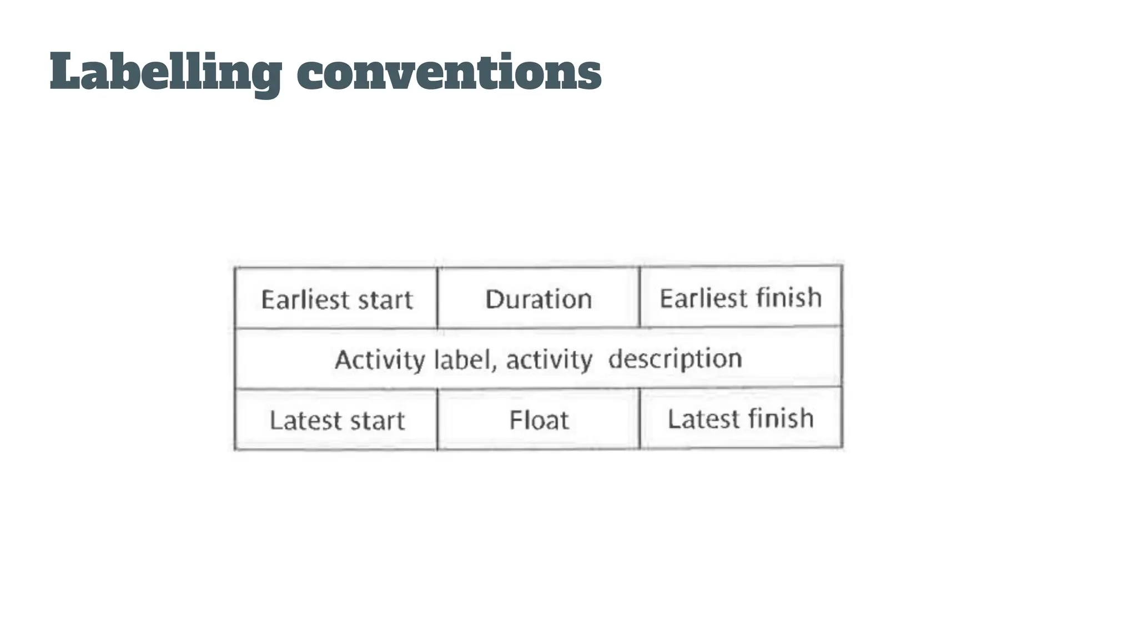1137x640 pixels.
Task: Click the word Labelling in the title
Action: pos(165,72)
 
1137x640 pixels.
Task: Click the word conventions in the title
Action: pos(449,72)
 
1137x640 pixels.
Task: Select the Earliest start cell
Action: pos(336,299)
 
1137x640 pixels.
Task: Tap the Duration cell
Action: pos(539,299)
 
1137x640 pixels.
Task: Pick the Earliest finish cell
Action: pos(741,298)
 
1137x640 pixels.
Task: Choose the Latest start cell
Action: pos(336,420)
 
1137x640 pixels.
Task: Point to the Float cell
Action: pos(539,420)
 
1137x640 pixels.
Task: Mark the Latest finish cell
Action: pos(741,418)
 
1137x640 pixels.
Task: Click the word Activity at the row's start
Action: pos(380,359)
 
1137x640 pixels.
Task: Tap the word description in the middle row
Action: pos(675,359)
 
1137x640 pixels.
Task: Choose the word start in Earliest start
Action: pos(385,300)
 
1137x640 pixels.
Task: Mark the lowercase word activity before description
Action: pos(549,359)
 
